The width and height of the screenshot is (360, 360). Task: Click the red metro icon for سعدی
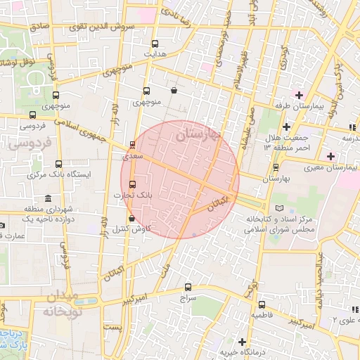133,146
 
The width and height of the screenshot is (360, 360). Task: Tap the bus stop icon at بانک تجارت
133,184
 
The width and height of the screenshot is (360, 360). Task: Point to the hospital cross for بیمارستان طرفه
300,95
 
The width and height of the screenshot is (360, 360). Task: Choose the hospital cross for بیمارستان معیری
330,155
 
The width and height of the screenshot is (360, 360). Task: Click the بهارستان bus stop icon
276,167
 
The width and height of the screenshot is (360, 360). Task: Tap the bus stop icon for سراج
187,287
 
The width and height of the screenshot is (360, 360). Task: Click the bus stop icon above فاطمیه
262,305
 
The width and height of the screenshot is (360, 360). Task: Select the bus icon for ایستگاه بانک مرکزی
58,163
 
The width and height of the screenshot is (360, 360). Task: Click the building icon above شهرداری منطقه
47,198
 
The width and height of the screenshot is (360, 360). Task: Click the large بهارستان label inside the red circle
198,133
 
